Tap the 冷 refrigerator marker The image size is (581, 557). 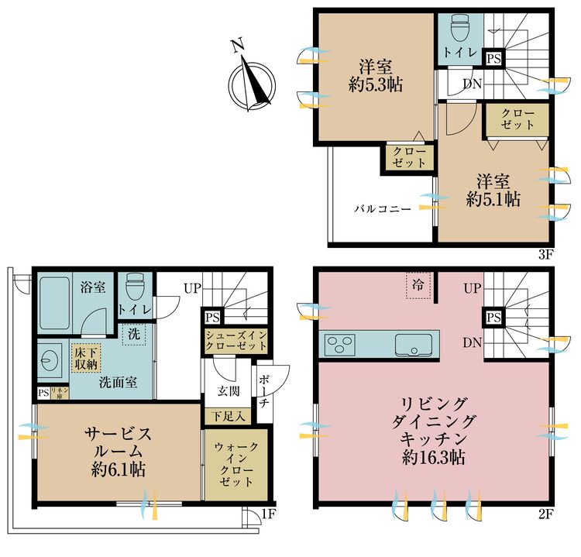tap(418, 284)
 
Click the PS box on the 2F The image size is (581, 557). tap(493, 318)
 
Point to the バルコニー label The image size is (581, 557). tap(383, 209)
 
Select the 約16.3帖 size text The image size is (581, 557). tap(433, 457)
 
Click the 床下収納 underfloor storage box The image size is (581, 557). tap(85, 357)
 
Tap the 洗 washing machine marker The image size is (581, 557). tap(134, 335)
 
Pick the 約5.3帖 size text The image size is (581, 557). tap(375, 85)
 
